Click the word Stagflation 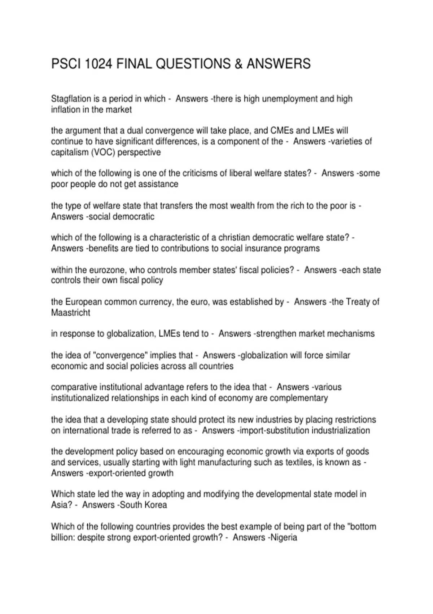click(x=71, y=99)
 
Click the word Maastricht click(x=71, y=312)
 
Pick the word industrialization click(x=341, y=430)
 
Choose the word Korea click(x=156, y=505)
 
